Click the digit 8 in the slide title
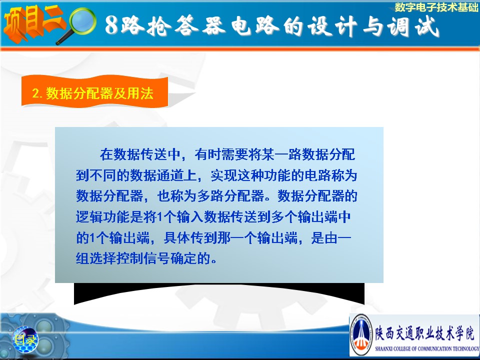(111, 24)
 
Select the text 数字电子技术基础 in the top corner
(436, 7)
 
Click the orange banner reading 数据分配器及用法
(94, 91)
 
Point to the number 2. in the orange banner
(37, 93)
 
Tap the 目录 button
(25, 339)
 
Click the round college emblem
(361, 335)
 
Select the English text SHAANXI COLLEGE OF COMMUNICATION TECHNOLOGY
(427, 348)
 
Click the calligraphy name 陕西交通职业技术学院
(425, 333)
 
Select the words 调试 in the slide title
(413, 25)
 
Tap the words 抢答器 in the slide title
(186, 25)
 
